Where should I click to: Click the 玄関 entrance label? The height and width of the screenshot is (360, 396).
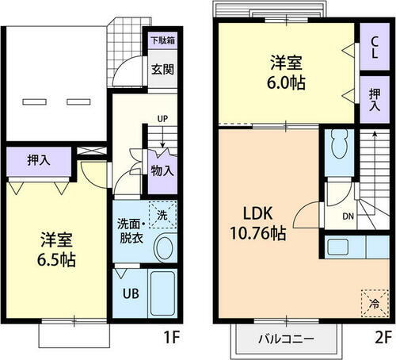[164, 67]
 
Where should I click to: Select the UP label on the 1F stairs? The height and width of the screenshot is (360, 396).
[162, 120]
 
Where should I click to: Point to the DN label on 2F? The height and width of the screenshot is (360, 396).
[348, 215]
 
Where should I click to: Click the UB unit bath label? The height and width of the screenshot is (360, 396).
[130, 293]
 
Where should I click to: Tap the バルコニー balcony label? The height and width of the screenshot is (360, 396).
[287, 340]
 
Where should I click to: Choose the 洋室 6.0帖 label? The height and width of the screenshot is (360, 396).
[285, 71]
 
